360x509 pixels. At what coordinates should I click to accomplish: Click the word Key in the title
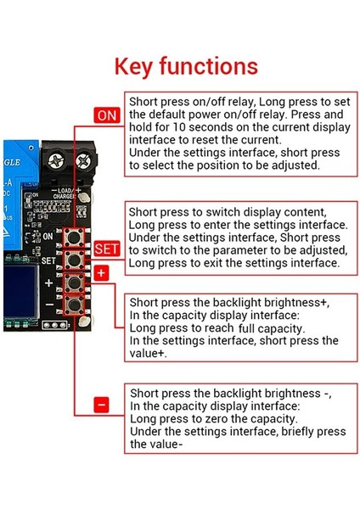[133, 67]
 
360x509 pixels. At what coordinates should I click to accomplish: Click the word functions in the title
[209, 65]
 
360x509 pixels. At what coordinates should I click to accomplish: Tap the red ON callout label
[107, 115]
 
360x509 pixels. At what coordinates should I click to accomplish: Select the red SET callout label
[107, 249]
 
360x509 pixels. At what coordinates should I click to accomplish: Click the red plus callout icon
[101, 273]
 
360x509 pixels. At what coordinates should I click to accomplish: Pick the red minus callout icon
[101, 406]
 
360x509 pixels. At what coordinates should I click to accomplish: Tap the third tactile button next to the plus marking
[74, 283]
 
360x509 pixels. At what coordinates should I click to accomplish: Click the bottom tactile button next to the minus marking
[74, 305]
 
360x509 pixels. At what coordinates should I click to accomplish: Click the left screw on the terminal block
[56, 160]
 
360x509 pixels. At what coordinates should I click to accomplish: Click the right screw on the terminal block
[84, 160]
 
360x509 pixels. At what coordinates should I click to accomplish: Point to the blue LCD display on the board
[20, 291]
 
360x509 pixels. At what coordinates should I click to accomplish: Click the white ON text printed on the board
[48, 236]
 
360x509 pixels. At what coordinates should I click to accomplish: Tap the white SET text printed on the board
[48, 260]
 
